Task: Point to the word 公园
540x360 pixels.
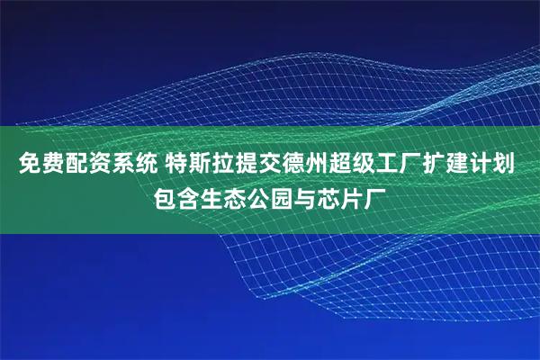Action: coord(270,195)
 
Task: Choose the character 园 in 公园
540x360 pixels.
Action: coord(283,195)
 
